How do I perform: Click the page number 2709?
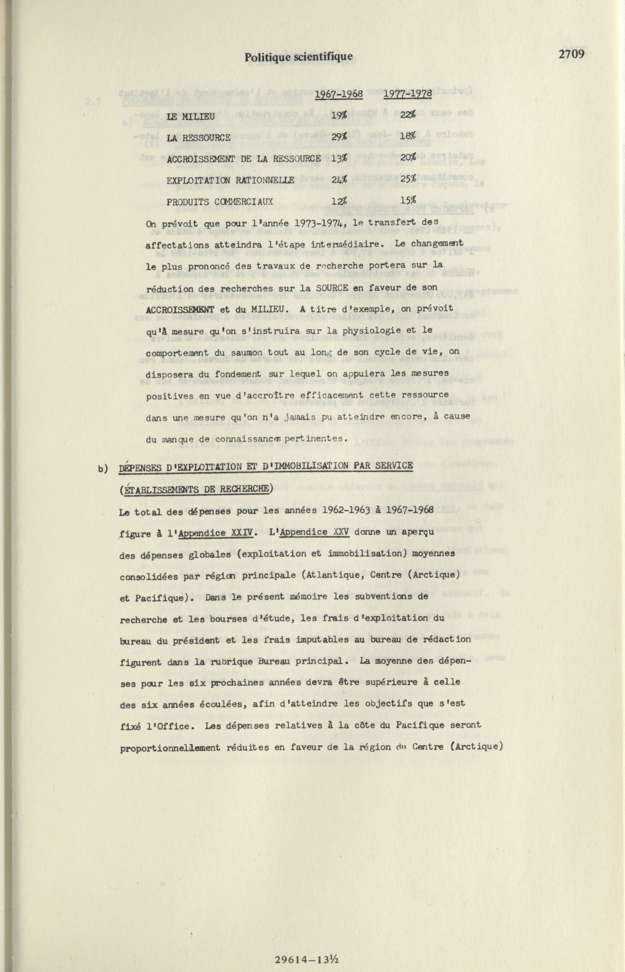[x=571, y=54]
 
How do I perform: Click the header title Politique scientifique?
[x=298, y=57]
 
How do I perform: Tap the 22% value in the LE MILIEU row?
[x=408, y=116]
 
